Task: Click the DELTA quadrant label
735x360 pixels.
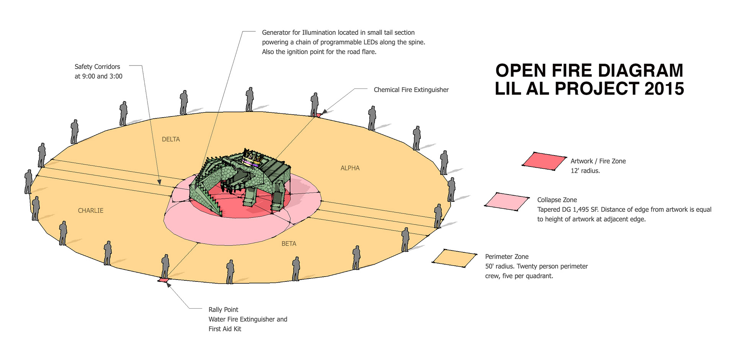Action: (171, 139)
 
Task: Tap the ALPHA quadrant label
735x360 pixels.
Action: (350, 168)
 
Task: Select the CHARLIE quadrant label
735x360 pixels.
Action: (90, 211)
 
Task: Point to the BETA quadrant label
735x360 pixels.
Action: (289, 244)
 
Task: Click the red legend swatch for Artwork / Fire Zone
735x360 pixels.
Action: (544, 161)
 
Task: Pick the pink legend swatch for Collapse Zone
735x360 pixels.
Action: (507, 201)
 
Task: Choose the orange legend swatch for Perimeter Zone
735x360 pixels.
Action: (454, 258)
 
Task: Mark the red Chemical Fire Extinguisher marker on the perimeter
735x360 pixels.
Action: (317, 115)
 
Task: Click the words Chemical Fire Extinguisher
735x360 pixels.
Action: (411, 90)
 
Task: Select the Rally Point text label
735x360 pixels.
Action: (223, 310)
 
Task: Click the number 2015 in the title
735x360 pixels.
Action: (664, 89)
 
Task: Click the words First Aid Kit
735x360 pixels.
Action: (225, 329)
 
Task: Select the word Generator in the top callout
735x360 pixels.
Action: (276, 33)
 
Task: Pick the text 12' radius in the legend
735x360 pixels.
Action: (585, 171)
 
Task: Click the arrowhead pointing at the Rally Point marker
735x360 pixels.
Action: (168, 285)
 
